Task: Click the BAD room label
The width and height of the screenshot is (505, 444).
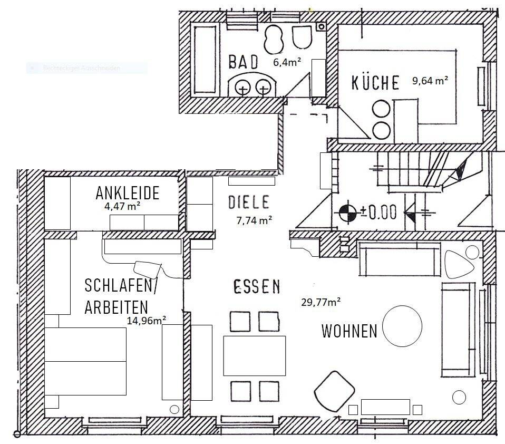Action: (x=244, y=62)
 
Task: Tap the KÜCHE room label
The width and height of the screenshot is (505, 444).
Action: (x=375, y=83)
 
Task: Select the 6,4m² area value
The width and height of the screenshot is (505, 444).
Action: (x=287, y=62)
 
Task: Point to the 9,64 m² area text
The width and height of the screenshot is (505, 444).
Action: (x=430, y=81)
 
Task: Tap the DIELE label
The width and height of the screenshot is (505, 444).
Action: (x=249, y=202)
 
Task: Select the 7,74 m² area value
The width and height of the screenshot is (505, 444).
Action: (x=255, y=220)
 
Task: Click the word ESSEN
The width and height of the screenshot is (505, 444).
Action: (x=257, y=287)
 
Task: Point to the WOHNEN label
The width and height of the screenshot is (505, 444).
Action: (x=349, y=331)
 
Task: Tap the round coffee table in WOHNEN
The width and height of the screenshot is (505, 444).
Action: (x=402, y=327)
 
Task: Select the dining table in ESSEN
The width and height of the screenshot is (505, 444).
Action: (x=254, y=355)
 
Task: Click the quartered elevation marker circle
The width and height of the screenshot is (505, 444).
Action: (x=347, y=213)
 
